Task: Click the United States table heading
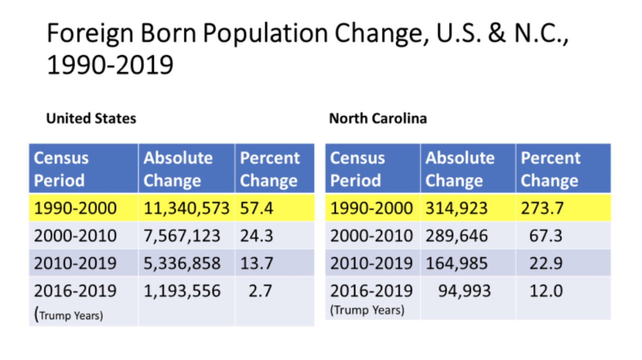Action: click(91, 118)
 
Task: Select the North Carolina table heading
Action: click(378, 118)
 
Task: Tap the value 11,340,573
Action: click(186, 208)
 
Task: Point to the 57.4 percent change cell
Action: click(256, 208)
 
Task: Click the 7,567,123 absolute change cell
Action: click(182, 236)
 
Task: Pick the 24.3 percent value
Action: click(256, 236)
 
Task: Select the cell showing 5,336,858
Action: click(182, 263)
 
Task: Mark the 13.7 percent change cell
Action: click(256, 263)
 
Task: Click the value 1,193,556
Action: click(182, 291)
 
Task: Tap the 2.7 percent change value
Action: click(260, 291)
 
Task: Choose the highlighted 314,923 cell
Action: click(456, 208)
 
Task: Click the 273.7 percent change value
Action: click(542, 208)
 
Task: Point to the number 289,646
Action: click(456, 236)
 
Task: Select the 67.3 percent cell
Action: click(546, 236)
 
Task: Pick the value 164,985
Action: click(456, 263)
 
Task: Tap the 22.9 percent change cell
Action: click(546, 263)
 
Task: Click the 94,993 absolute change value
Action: click(464, 291)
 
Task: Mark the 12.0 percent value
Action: click(546, 291)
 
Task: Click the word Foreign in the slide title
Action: click(89, 33)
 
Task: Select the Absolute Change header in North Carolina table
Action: click(460, 169)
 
